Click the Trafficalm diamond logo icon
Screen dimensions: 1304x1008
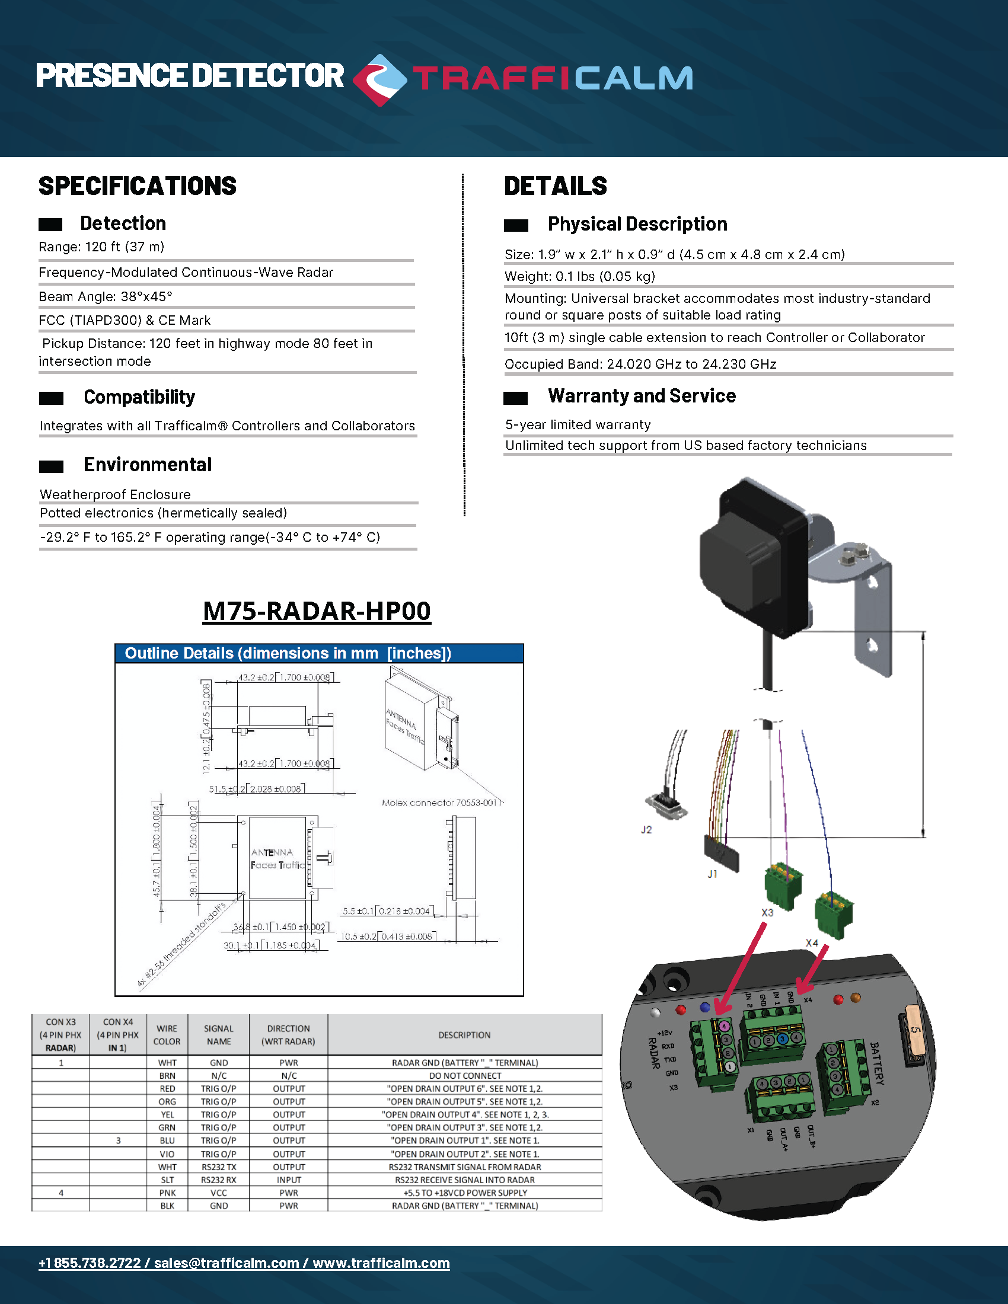point(379,79)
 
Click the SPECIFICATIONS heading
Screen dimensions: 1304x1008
point(138,186)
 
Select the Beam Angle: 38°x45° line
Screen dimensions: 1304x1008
point(106,297)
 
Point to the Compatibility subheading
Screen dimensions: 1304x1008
point(139,397)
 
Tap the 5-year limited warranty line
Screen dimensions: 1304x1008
point(578,424)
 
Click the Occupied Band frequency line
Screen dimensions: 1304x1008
point(640,364)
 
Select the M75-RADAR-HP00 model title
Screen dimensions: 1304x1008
point(317,611)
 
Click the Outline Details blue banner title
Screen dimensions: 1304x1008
point(288,653)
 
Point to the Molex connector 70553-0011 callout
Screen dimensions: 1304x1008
point(442,803)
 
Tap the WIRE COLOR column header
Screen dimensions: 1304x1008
point(167,1035)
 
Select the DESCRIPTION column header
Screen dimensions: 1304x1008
point(464,1035)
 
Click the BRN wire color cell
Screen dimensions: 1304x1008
point(167,1075)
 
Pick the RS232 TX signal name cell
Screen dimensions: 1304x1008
point(219,1166)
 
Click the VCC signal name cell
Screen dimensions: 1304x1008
point(219,1193)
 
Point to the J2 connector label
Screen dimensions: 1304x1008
point(646,829)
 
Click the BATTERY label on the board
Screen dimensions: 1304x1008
point(876,1063)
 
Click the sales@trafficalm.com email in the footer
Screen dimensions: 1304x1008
point(227,1263)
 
